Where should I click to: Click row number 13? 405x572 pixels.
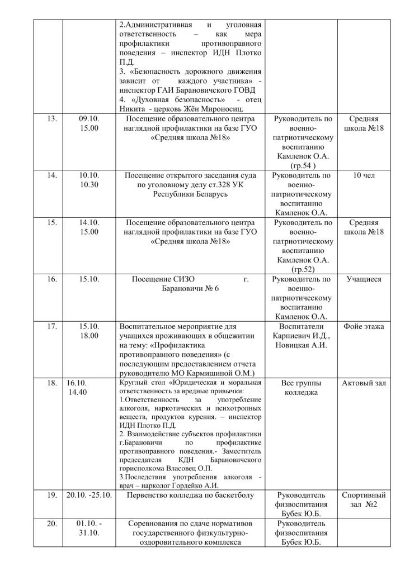(52, 119)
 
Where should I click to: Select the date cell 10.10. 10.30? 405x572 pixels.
(90, 180)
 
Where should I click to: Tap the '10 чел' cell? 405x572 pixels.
(364, 175)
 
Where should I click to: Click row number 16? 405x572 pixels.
(52, 279)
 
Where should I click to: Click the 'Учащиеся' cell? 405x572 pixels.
(364, 279)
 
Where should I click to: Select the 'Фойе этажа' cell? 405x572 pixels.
(364, 326)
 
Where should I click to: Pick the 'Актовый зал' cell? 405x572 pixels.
(364, 383)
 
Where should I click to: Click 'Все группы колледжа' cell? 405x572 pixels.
(303, 388)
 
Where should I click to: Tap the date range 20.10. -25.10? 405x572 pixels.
(90, 495)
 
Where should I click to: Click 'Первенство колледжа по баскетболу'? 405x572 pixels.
(190, 495)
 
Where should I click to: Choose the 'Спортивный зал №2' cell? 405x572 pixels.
(364, 500)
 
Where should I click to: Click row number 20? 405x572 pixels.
(52, 523)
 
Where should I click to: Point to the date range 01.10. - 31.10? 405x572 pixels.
(90, 528)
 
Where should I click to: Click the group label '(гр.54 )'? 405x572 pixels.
(303, 166)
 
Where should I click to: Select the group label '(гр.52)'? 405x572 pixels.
(303, 269)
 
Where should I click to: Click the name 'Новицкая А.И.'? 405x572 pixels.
(303, 345)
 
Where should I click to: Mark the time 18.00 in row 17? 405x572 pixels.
(90, 336)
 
